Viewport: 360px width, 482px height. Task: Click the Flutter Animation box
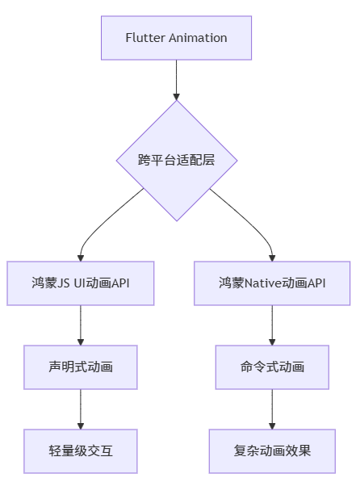(176, 38)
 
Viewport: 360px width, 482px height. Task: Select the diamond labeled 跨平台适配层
(176, 160)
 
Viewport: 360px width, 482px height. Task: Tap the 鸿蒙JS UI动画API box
(80, 283)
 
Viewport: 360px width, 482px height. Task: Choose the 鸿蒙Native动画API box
(272, 283)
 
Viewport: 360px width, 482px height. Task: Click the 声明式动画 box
(80, 367)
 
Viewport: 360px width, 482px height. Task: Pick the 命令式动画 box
(272, 367)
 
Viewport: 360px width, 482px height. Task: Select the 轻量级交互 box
(80, 451)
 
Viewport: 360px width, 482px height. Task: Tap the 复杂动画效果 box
(272, 451)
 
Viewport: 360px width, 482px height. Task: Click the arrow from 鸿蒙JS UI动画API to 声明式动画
(80, 325)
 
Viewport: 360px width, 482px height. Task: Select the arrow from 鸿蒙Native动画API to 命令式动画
(272, 325)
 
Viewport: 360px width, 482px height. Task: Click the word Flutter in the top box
(143, 38)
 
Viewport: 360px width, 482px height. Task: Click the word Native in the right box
(262, 283)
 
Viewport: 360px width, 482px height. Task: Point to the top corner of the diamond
(176, 101)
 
